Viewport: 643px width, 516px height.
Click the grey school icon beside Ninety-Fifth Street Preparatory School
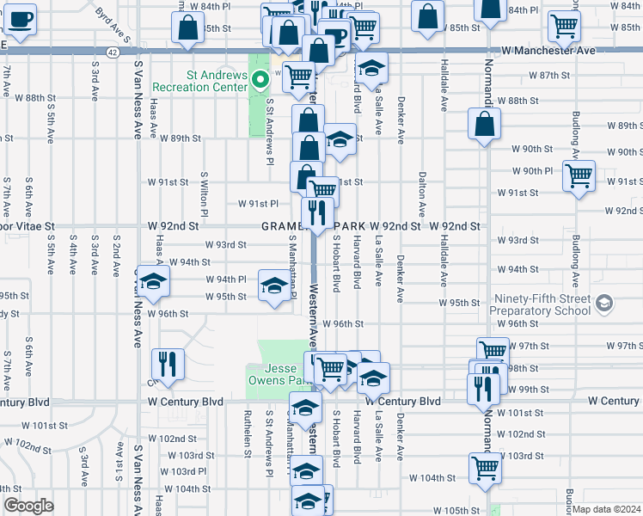click(x=606, y=303)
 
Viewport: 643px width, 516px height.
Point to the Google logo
click(x=28, y=505)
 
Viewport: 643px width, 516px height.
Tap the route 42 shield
click(x=113, y=52)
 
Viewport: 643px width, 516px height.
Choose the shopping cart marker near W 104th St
click(x=485, y=467)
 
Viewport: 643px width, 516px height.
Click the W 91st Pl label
click(x=258, y=204)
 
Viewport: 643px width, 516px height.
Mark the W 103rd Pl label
click(x=186, y=471)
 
